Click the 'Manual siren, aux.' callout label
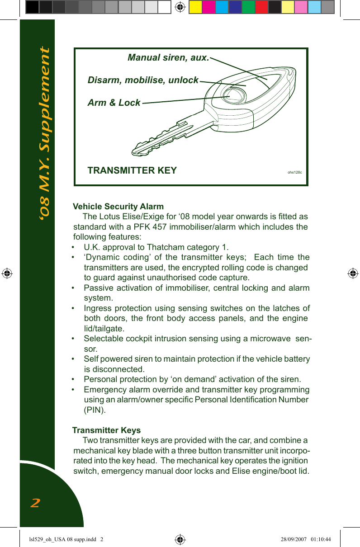pyautogui.click(x=168, y=58)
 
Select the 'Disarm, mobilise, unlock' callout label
pyautogui.click(x=143, y=80)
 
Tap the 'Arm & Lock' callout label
pyautogui.click(x=114, y=103)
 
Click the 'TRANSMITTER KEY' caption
pyautogui.click(x=132, y=170)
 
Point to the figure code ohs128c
pyautogui.click(x=295, y=172)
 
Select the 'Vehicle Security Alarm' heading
pyautogui.click(x=118, y=207)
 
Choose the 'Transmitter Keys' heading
pyautogui.click(x=107, y=430)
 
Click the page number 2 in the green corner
pyautogui.click(x=35, y=503)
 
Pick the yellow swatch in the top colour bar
pyautogui.click(x=195, y=7)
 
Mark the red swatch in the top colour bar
pyautogui.click(x=261, y=7)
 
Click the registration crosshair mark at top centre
pyautogui.click(x=180, y=7)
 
